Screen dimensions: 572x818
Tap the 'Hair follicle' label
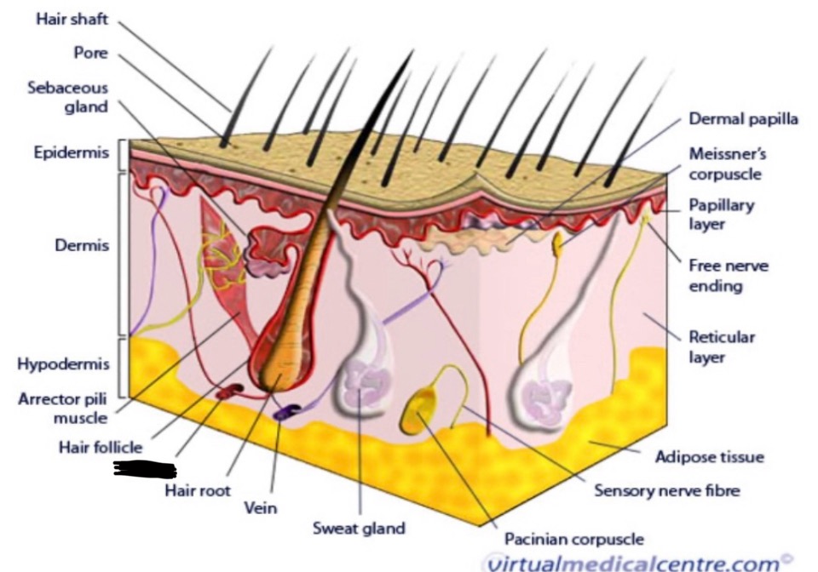tap(101, 446)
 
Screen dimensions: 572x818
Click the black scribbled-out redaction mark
tap(145, 468)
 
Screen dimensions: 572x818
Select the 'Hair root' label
tap(198, 491)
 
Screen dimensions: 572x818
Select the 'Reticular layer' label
tap(722, 346)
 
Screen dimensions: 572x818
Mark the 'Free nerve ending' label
tap(728, 276)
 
